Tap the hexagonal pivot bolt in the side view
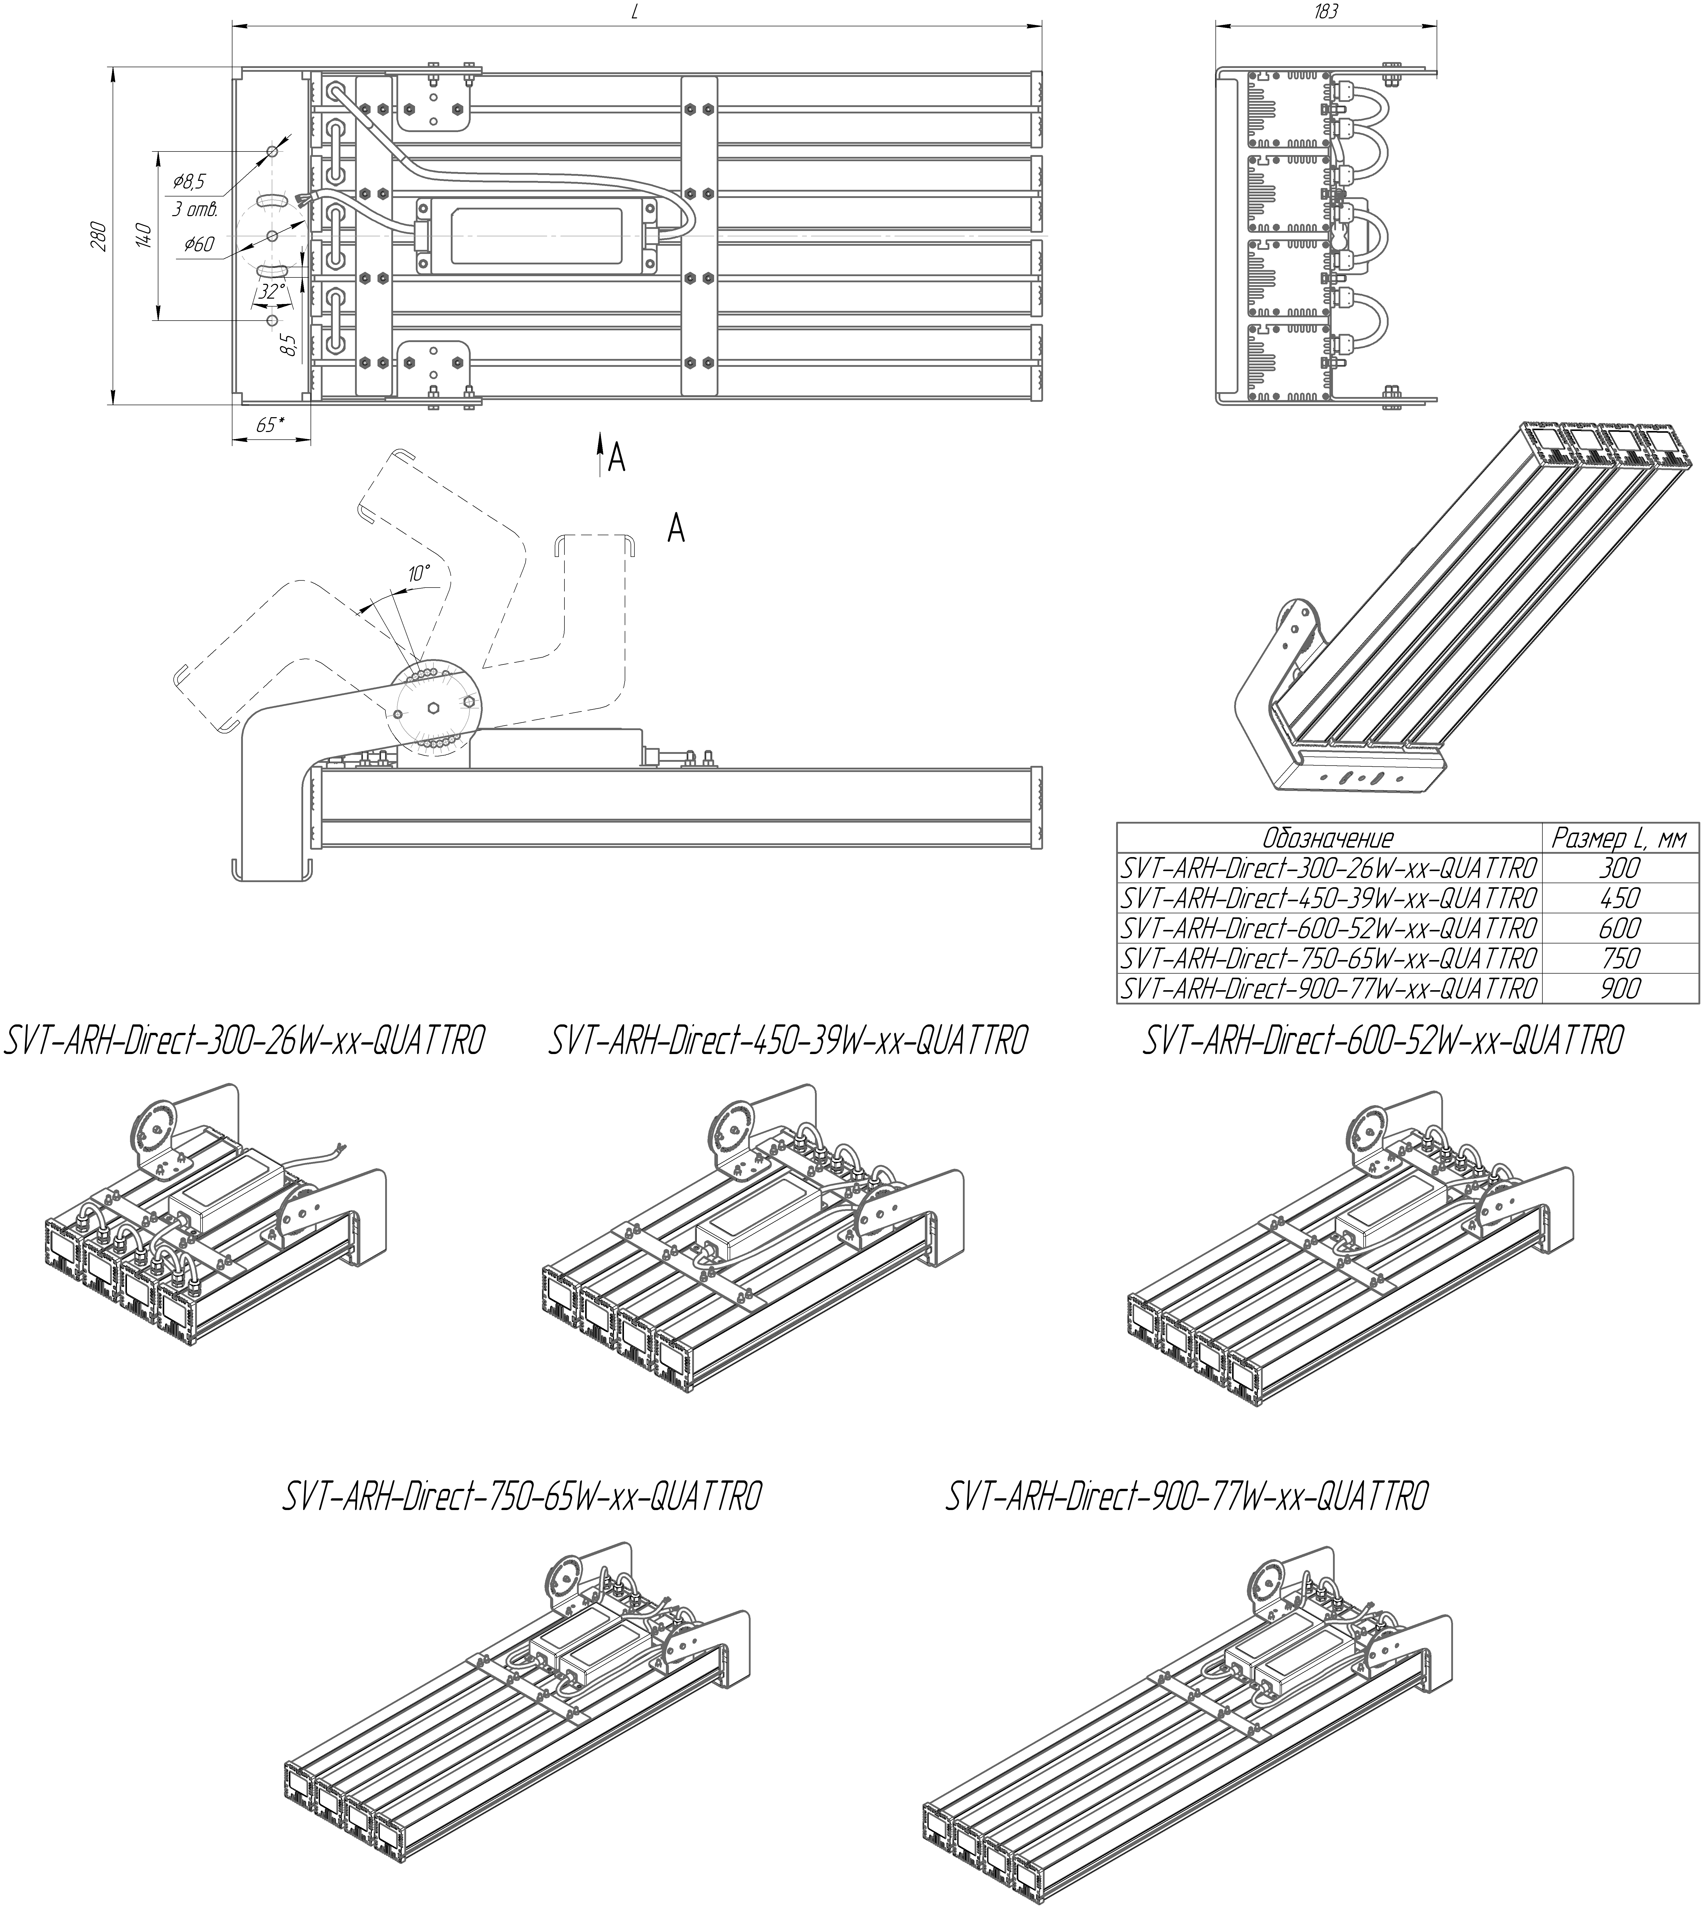(434, 709)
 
